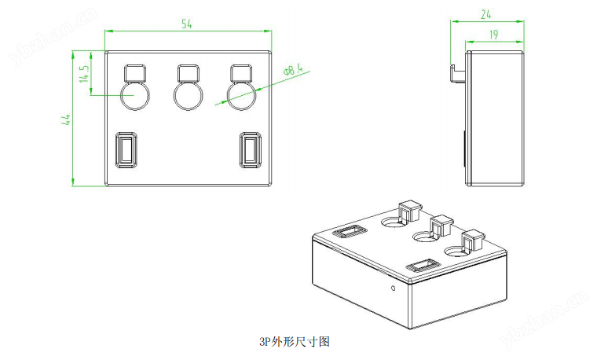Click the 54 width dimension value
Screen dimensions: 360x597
pyautogui.click(x=187, y=24)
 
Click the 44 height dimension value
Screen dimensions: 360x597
pyautogui.click(x=67, y=119)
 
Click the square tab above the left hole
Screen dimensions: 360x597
pyautogui.click(x=134, y=73)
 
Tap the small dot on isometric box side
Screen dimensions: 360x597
pyautogui.click(x=394, y=288)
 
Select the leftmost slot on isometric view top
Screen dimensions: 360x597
pyautogui.click(x=349, y=231)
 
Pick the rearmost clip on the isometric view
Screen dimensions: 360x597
pyautogui.click(x=409, y=211)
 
